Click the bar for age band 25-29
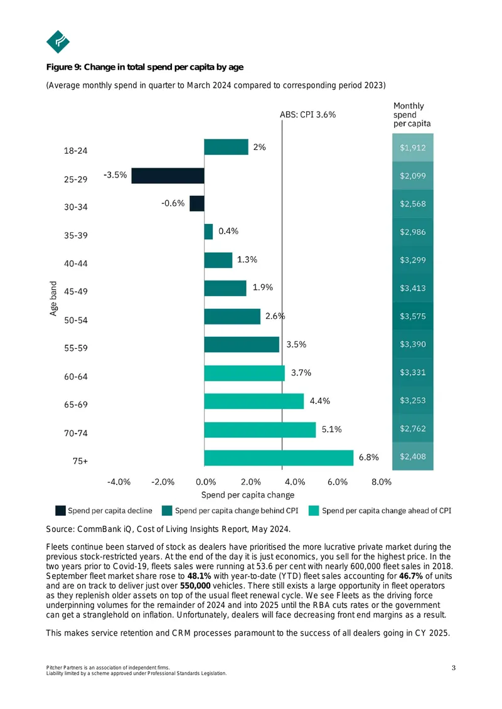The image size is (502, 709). [x=168, y=176]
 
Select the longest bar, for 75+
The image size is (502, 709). [x=279, y=458]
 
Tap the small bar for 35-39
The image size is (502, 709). [x=208, y=232]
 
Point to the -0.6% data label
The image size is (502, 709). [x=173, y=203]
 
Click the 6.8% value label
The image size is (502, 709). [x=368, y=457]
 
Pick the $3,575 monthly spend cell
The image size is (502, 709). [x=412, y=316]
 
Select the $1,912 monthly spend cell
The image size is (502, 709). [x=412, y=147]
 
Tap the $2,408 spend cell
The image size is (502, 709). [x=412, y=456]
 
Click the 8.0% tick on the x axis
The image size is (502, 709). [x=382, y=482]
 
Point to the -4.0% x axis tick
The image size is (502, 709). [x=119, y=482]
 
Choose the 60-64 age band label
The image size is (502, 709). [x=75, y=376]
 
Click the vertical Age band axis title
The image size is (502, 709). [x=53, y=299]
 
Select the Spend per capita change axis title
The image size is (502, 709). [x=247, y=495]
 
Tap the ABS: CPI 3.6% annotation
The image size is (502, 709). [x=307, y=115]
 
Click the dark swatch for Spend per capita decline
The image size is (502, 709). [x=60, y=511]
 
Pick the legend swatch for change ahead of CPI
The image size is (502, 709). [x=313, y=511]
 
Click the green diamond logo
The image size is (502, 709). [x=58, y=42]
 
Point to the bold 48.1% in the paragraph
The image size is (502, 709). [x=199, y=576]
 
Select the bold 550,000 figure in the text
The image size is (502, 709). [x=195, y=586]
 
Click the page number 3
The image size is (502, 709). [x=454, y=668]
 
